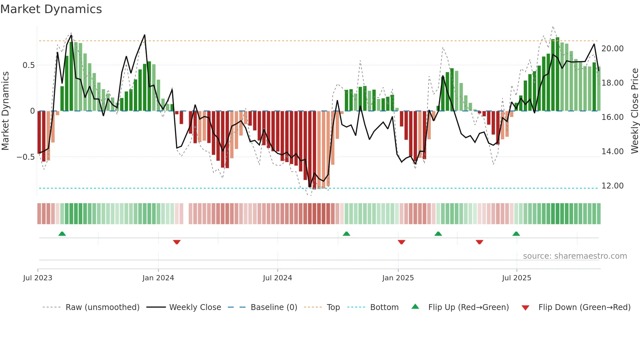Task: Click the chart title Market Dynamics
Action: [x=51, y=9]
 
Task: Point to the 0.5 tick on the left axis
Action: [x=28, y=65]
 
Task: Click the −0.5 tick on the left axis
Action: [x=26, y=157]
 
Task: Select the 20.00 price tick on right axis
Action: [x=612, y=49]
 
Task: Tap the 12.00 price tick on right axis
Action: [x=612, y=186]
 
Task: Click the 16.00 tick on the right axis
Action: [x=612, y=117]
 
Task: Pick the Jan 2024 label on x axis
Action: [x=158, y=278]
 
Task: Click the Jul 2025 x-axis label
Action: [x=517, y=278]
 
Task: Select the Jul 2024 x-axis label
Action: [x=277, y=278]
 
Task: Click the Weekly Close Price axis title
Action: [x=634, y=111]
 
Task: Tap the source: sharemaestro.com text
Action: [x=575, y=256]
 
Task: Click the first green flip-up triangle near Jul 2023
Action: [x=62, y=234]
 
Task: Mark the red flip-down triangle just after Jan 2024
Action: [x=177, y=242]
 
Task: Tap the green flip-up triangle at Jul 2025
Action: [x=516, y=234]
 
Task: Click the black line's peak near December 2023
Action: [x=145, y=35]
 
